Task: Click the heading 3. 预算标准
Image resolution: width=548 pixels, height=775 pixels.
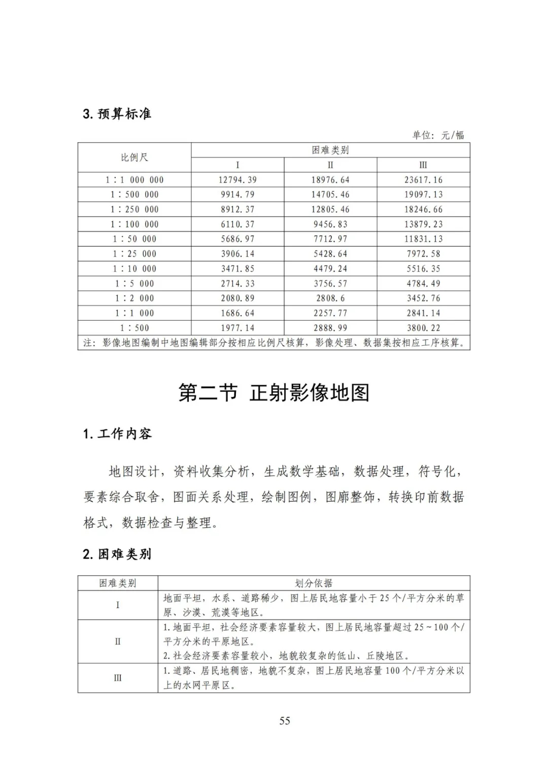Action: [117, 114]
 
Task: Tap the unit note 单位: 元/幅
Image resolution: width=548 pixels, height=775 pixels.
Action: [438, 135]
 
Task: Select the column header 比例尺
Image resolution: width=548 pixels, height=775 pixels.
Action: [134, 157]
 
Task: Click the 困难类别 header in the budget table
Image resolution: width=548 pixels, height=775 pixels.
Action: [330, 150]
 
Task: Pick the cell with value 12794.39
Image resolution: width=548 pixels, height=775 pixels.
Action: [237, 180]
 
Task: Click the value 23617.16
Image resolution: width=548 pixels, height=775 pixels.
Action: [423, 180]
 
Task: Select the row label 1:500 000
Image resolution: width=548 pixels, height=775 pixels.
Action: [134, 194]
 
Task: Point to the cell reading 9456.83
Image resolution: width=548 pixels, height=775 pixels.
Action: [330, 224]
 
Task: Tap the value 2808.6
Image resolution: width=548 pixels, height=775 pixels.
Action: [330, 298]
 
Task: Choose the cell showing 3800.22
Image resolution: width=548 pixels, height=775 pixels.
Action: [423, 328]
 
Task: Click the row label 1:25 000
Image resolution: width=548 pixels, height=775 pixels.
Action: [134, 254]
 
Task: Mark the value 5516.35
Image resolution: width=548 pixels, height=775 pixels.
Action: [423, 268]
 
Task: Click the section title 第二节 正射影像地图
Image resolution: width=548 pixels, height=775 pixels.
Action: [274, 393]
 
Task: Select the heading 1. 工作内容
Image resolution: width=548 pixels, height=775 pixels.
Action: [117, 434]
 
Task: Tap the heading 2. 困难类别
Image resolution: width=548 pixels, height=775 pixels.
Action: [117, 554]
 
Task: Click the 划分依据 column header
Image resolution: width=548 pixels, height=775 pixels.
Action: [314, 583]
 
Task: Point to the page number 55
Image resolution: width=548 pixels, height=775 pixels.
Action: [285, 721]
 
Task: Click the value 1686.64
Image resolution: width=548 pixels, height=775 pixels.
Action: [237, 313]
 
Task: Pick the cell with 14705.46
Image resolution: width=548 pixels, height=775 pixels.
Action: [330, 194]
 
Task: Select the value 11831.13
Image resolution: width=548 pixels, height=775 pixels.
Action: [423, 239]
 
